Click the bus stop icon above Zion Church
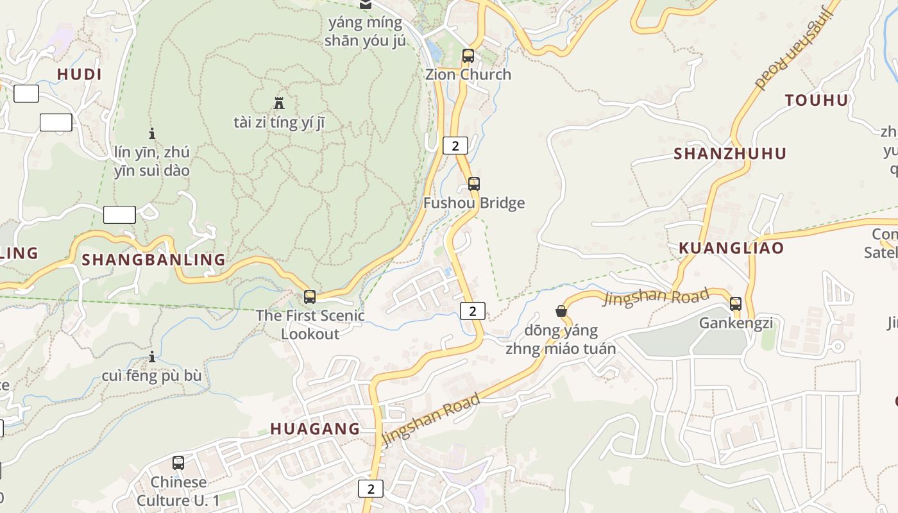pos(468,56)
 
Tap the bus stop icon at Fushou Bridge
pos(474,184)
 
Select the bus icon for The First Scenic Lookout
pos(310,297)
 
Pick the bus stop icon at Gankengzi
pos(736,304)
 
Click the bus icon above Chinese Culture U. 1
pos(178,463)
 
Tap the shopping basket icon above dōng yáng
pos(561,312)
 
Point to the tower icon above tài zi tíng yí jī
pos(279,103)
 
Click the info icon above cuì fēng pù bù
pos(152,357)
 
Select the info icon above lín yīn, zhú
pos(152,133)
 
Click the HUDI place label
pos(80,74)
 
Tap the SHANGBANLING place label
pos(154,260)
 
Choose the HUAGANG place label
pos(315,429)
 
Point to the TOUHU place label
pos(817,100)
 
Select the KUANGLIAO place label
pos(731,248)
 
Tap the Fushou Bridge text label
pos(474,203)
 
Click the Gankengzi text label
pos(736,323)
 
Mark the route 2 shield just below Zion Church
pos(455,146)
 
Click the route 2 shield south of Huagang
pos(371,489)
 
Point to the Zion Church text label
pos(468,74)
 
